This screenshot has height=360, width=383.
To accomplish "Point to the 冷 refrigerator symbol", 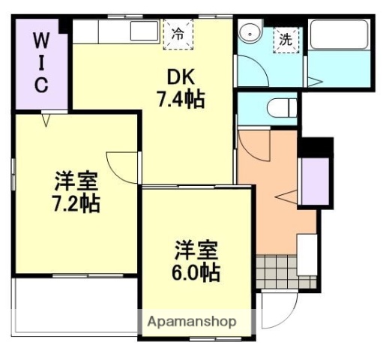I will [x=178, y=34].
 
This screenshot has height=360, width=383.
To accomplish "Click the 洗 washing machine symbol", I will [x=286, y=40].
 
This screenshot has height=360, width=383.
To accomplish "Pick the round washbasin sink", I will [x=249, y=34].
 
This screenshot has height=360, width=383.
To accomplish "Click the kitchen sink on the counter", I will [x=143, y=31].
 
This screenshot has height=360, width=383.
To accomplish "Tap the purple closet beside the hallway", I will [x=314, y=182].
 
